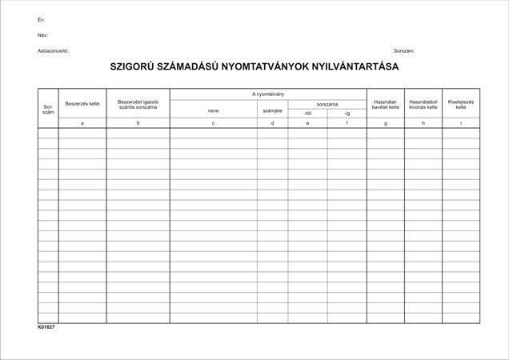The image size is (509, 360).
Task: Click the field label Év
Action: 41,18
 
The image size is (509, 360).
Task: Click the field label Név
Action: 42,35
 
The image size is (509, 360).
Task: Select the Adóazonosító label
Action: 54,50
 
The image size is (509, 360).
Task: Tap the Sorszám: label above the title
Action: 403,50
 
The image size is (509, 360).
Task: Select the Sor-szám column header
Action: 48,110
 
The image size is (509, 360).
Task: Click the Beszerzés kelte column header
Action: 82,104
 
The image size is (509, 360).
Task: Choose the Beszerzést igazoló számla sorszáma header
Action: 138,104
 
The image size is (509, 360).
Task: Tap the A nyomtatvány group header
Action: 267,94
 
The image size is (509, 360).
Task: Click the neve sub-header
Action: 213,111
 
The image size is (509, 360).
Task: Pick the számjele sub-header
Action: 272,111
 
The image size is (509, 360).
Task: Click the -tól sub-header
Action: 307,114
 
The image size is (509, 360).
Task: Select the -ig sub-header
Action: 347,114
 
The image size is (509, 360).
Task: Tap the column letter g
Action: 386,123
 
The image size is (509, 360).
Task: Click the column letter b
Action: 138,123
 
